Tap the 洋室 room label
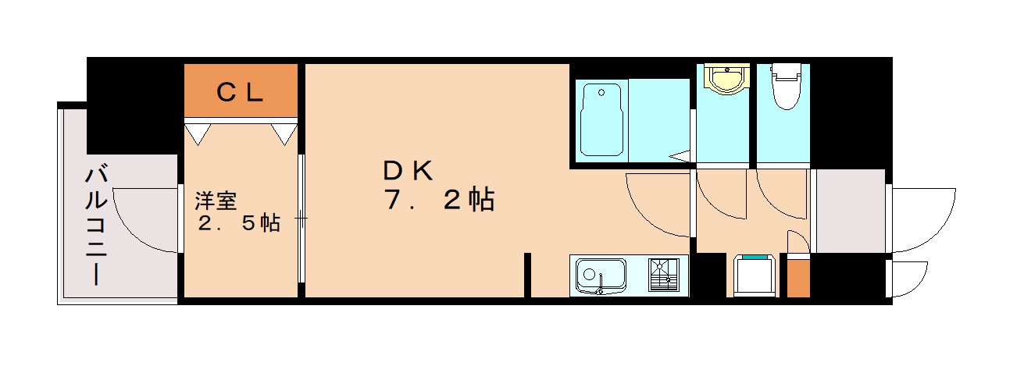click(x=216, y=201)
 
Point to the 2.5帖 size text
click(x=238, y=223)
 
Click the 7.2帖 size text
click(x=438, y=201)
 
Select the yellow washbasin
click(x=726, y=78)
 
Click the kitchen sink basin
click(x=601, y=275)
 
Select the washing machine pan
click(x=755, y=275)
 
